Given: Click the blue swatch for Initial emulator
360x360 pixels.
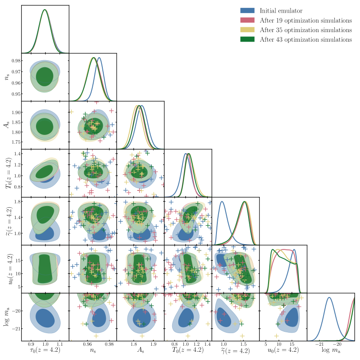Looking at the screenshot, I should pyautogui.click(x=248, y=10).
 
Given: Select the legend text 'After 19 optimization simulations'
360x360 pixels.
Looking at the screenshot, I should pyautogui.click(x=305, y=20).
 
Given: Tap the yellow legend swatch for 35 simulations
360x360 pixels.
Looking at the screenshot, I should pyautogui.click(x=248, y=30).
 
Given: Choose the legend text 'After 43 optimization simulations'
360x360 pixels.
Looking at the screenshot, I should pyautogui.click(x=305, y=39).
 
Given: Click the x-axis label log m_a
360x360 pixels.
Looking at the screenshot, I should pyautogui.click(x=331, y=350).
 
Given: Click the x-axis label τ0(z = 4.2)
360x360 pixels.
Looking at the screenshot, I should pyautogui.click(x=45, y=350).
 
